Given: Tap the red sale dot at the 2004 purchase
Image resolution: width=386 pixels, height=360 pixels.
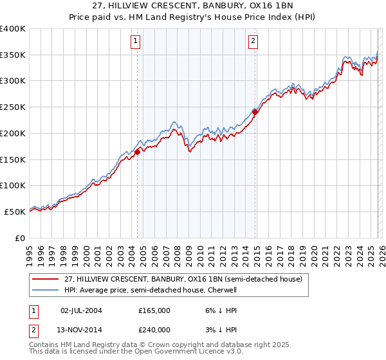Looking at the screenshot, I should [138, 152].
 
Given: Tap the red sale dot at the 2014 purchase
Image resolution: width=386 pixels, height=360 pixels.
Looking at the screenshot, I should [255, 112].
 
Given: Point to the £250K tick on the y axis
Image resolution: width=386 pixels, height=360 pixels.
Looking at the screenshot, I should [13, 107].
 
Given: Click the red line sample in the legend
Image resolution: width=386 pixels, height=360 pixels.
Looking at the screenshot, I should [45, 278].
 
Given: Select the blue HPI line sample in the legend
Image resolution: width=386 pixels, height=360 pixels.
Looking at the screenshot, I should [45, 290].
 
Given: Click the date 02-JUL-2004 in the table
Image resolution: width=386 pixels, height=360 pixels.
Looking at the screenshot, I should [81, 310].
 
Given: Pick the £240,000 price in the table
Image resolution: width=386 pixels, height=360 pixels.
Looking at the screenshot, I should [154, 329].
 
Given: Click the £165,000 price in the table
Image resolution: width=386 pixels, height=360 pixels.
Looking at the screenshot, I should [154, 310].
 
